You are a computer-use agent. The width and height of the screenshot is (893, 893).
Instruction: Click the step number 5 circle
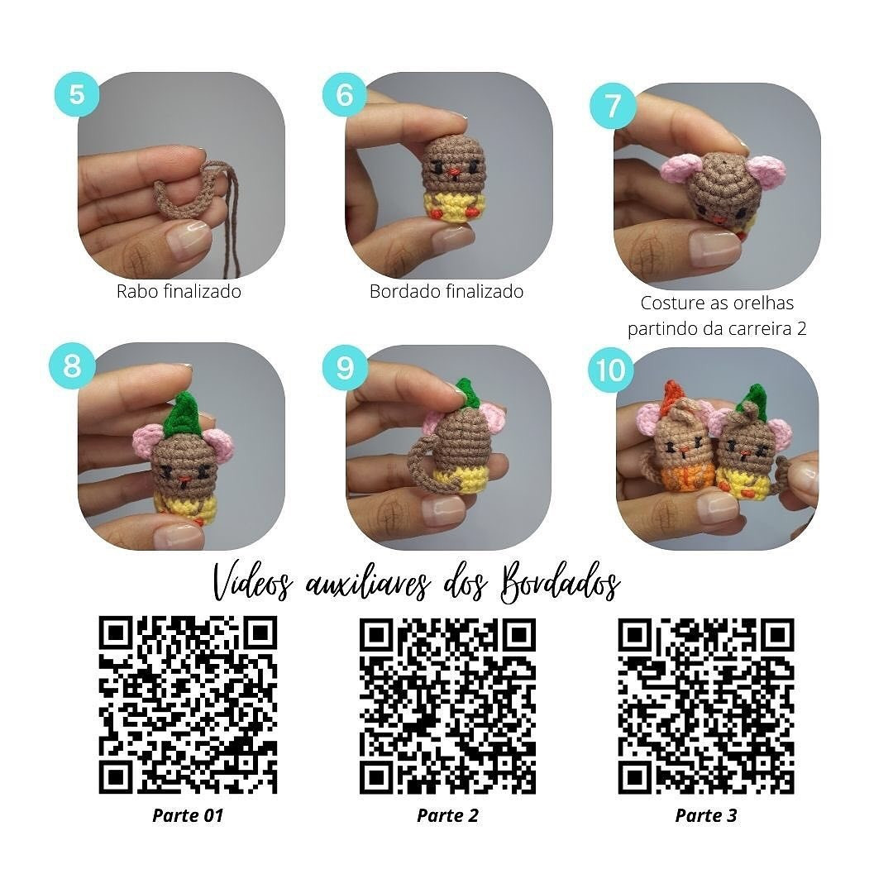click(77, 95)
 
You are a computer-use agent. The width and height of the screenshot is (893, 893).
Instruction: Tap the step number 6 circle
click(344, 95)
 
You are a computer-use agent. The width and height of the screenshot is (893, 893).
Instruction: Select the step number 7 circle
click(612, 107)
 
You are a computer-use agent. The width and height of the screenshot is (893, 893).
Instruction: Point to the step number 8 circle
click(73, 365)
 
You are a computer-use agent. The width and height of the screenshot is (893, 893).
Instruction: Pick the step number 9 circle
click(344, 365)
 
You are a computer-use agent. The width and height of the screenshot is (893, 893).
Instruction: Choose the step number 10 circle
click(610, 370)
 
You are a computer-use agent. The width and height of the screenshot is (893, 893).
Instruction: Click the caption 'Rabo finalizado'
click(179, 291)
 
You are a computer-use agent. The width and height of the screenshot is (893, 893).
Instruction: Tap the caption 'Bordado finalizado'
click(446, 291)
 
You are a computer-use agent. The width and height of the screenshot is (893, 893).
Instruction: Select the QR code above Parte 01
click(188, 704)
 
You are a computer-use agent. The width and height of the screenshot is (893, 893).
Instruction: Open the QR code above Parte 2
click(447, 705)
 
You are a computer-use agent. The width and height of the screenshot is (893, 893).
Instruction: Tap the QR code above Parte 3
click(705, 705)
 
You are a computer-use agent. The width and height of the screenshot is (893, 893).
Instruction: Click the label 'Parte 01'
click(188, 815)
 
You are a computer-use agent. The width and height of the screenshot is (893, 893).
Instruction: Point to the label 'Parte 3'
click(705, 815)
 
